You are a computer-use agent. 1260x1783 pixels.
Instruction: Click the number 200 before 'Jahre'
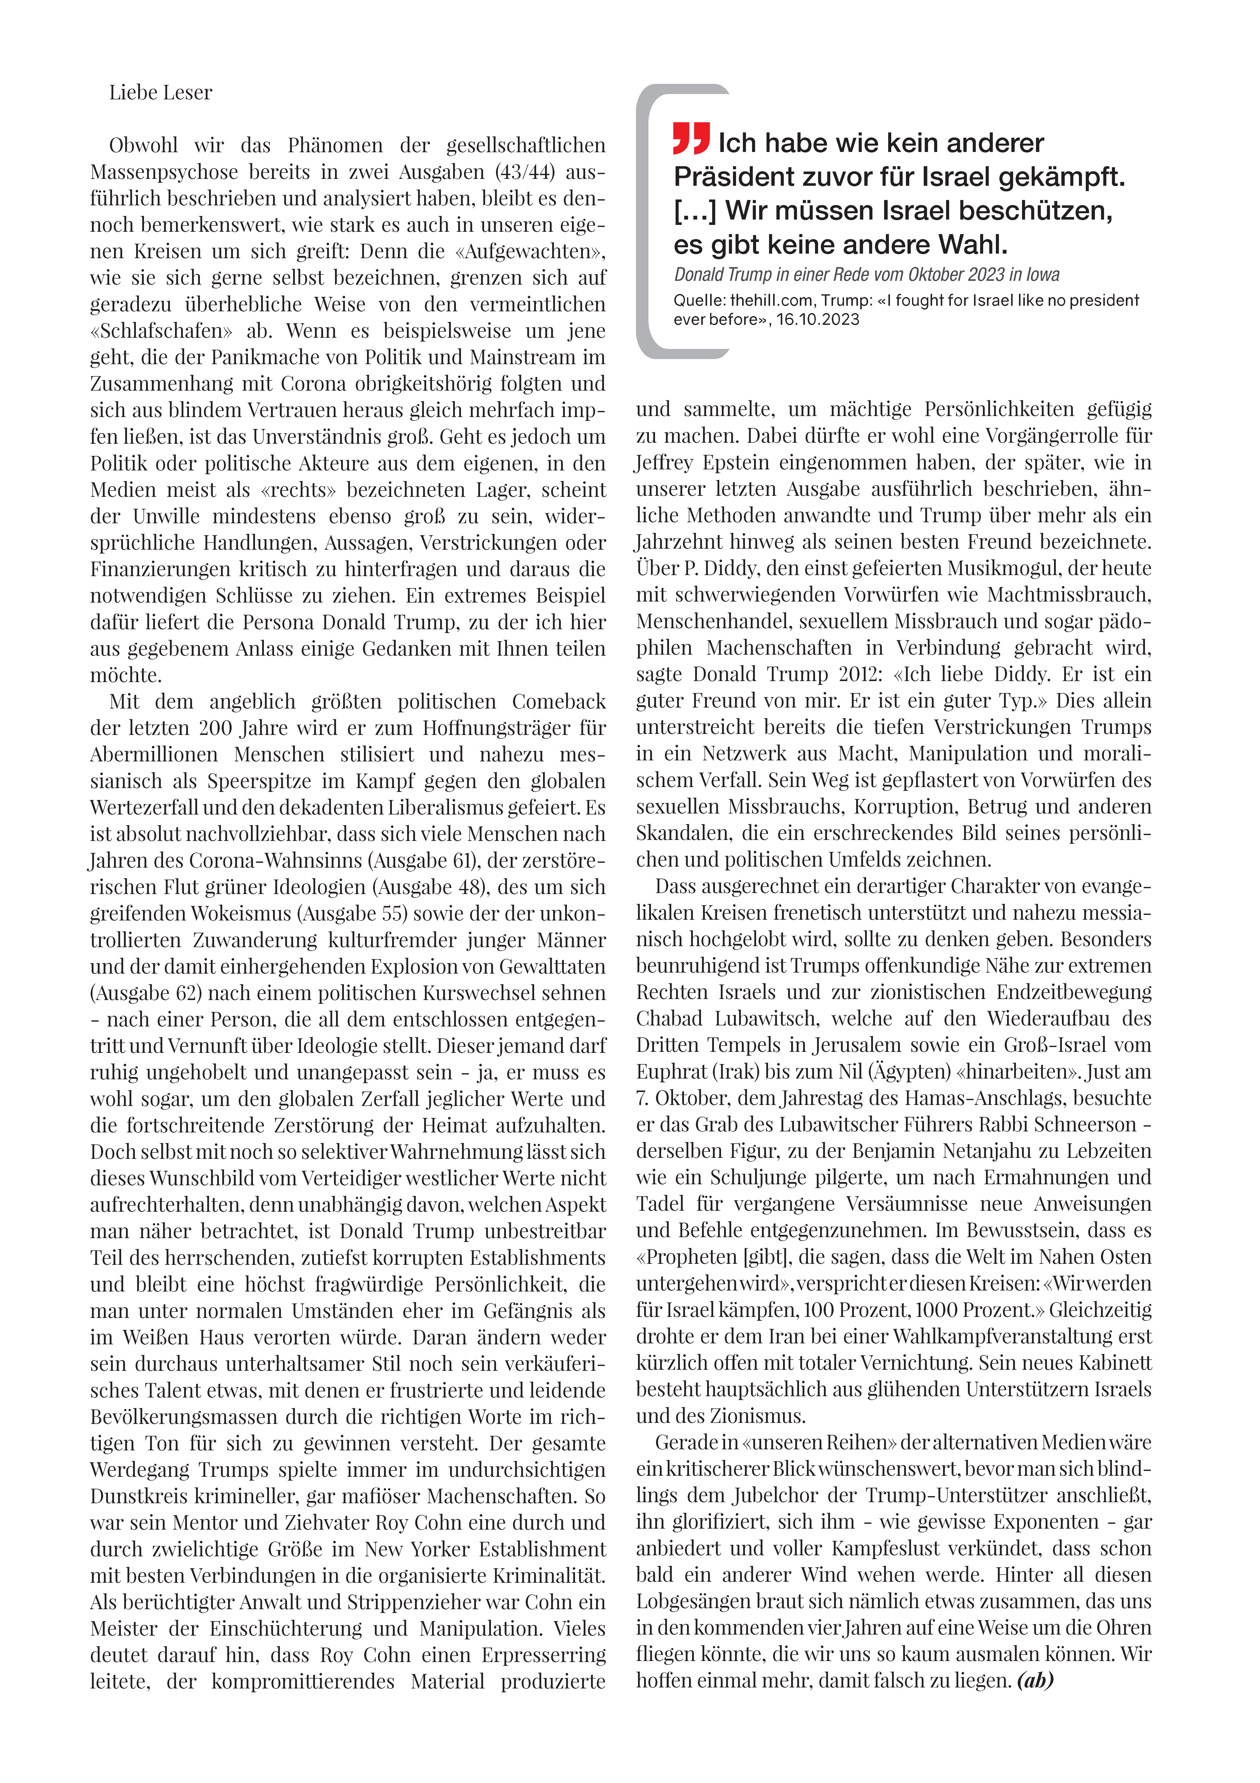(215, 728)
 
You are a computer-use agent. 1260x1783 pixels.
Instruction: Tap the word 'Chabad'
(669, 1019)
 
